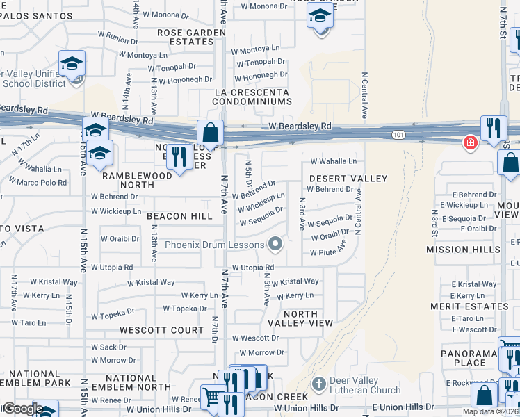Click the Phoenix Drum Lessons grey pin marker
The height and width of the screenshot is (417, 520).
276,244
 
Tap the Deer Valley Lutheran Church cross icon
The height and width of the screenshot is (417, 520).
318,384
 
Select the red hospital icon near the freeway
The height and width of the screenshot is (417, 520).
471,142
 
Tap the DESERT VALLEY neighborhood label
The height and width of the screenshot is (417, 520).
348,179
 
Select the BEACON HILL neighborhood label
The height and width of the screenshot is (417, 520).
179,216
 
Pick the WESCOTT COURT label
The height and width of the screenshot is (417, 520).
161,330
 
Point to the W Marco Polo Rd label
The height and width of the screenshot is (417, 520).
38,183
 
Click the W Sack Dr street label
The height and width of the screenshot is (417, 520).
108,347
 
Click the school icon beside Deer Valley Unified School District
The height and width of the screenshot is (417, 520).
72,64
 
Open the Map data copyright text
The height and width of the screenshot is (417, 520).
490,411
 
